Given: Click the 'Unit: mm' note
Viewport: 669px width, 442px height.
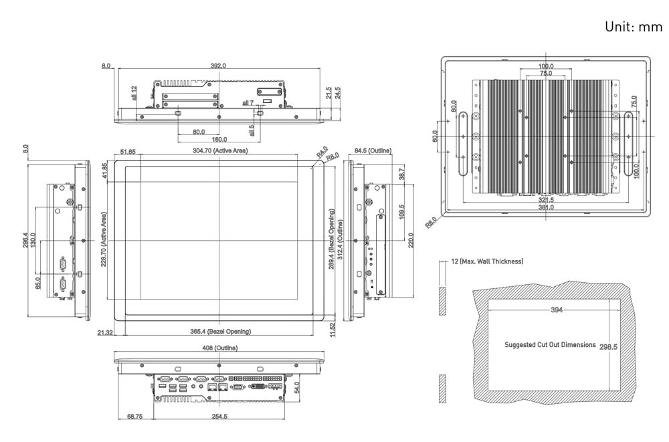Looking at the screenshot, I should pyautogui.click(x=633, y=27).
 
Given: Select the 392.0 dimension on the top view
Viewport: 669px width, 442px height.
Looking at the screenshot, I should pyautogui.click(x=219, y=66).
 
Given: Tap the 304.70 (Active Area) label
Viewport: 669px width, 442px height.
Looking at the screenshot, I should pyautogui.click(x=220, y=151).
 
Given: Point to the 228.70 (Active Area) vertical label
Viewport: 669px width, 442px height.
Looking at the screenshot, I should pyautogui.click(x=104, y=240).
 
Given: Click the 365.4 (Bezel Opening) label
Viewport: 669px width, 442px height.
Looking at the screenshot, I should pyautogui.click(x=220, y=331).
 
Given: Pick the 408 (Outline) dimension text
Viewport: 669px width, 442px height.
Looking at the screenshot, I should pyautogui.click(x=219, y=348).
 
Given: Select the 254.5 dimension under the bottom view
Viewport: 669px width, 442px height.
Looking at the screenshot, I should pyautogui.click(x=219, y=417).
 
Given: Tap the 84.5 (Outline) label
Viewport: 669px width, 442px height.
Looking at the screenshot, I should pyautogui.click(x=373, y=151).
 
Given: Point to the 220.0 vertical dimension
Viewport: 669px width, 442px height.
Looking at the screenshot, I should pyautogui.click(x=411, y=239).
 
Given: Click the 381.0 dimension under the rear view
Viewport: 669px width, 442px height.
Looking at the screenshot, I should pyautogui.click(x=547, y=207).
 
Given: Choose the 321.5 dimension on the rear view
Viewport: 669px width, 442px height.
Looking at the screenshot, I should pyautogui.click(x=547, y=199).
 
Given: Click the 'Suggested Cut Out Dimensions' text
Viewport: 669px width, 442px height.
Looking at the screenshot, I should pyautogui.click(x=549, y=345).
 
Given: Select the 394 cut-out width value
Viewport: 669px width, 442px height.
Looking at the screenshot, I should pyautogui.click(x=556, y=310).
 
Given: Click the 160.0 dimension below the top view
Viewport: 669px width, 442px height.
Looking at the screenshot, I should pyautogui.click(x=219, y=140).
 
